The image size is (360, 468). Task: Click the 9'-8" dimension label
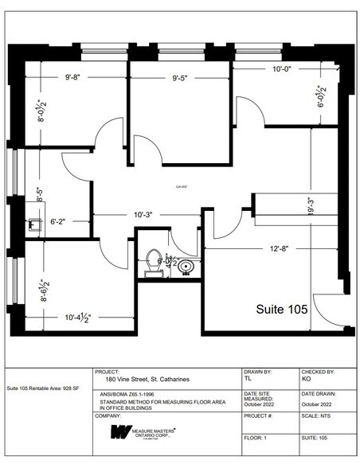click(77, 78)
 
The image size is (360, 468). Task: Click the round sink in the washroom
click(186, 266)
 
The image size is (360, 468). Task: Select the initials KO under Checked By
click(306, 380)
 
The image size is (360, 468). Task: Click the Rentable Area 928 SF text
click(44, 388)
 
